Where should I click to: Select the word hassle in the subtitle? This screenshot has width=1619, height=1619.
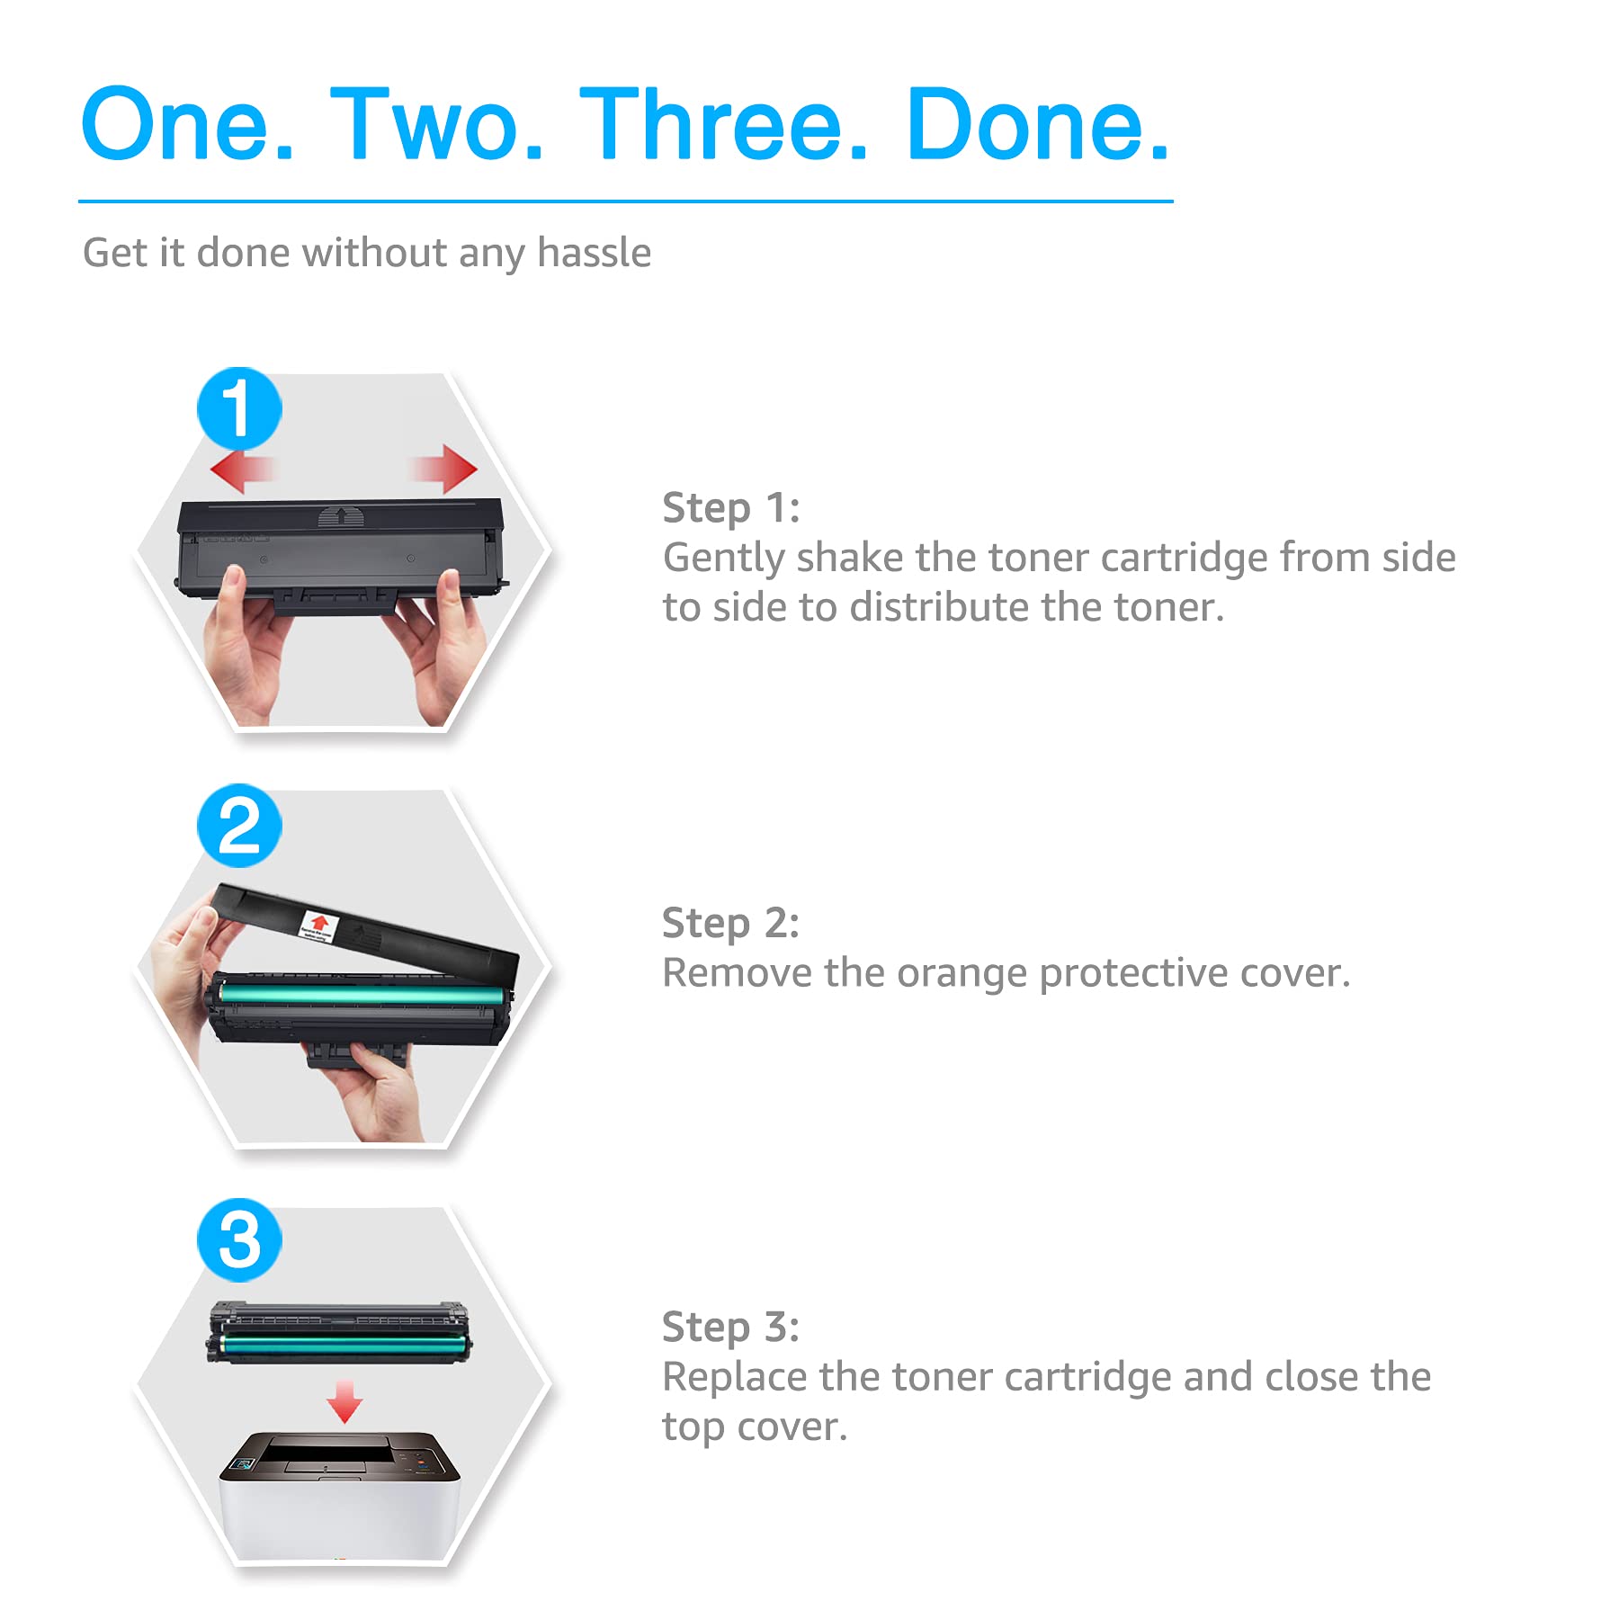click(594, 253)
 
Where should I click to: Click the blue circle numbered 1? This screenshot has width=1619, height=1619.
click(239, 408)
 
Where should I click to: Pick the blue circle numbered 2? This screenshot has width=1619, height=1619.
click(239, 825)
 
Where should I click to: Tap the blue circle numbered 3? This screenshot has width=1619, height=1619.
click(239, 1240)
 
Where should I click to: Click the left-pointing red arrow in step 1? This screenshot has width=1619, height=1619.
click(241, 470)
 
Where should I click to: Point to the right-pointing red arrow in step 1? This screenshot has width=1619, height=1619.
click(443, 468)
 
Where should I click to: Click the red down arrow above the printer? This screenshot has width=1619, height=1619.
click(344, 1401)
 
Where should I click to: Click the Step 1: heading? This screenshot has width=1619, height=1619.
click(730, 509)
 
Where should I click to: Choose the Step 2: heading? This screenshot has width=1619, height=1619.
click(730, 924)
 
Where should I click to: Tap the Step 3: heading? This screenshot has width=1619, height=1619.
click(730, 1328)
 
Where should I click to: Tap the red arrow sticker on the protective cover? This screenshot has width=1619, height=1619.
click(318, 926)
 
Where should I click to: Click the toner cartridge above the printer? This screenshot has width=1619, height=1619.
click(339, 1333)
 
